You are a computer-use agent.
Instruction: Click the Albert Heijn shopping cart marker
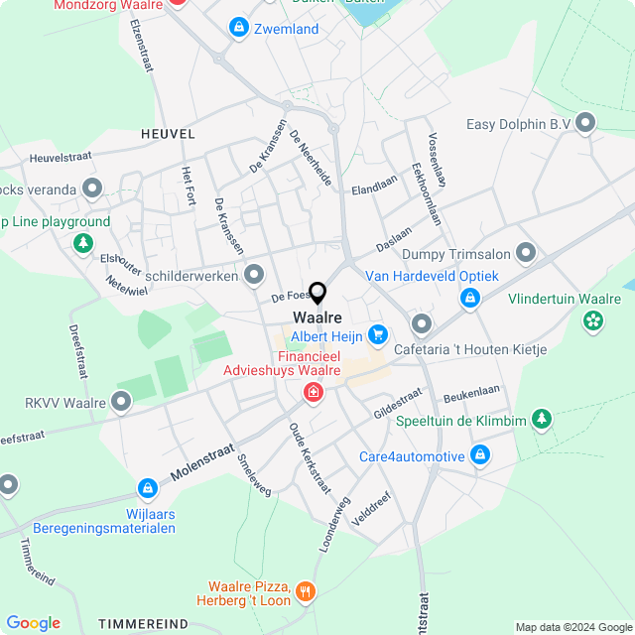point(377,335)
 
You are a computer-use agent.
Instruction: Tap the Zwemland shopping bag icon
point(238,28)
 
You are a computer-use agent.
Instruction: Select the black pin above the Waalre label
point(317,293)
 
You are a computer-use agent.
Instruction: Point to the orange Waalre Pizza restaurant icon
point(306,592)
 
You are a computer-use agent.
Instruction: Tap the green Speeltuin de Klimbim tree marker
point(542,420)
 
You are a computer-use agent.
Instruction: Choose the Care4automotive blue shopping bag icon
point(480,455)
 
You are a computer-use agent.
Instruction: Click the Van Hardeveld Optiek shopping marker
point(470,297)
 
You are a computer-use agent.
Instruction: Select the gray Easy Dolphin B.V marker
point(585,124)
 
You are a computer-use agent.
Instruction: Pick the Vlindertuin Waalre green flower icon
point(593,319)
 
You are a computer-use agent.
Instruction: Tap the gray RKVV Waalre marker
point(121,402)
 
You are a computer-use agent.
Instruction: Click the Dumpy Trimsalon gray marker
point(526,253)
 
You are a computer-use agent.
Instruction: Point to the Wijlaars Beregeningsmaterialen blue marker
point(148,489)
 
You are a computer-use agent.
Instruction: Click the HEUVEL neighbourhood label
point(168,133)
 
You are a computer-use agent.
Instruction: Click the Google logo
point(33,623)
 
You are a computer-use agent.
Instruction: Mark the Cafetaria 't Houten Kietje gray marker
point(422,324)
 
